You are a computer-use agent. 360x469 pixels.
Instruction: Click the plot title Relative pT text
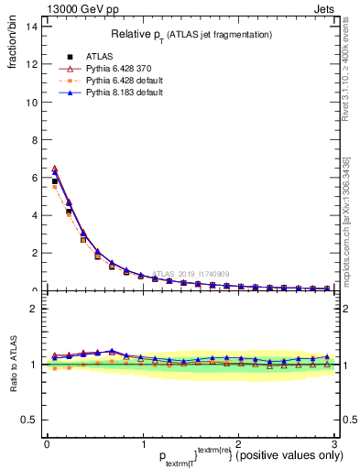click(x=191, y=35)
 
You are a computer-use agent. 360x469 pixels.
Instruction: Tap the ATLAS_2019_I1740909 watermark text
click(x=193, y=274)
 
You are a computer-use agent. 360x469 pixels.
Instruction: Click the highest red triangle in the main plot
click(x=54, y=169)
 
